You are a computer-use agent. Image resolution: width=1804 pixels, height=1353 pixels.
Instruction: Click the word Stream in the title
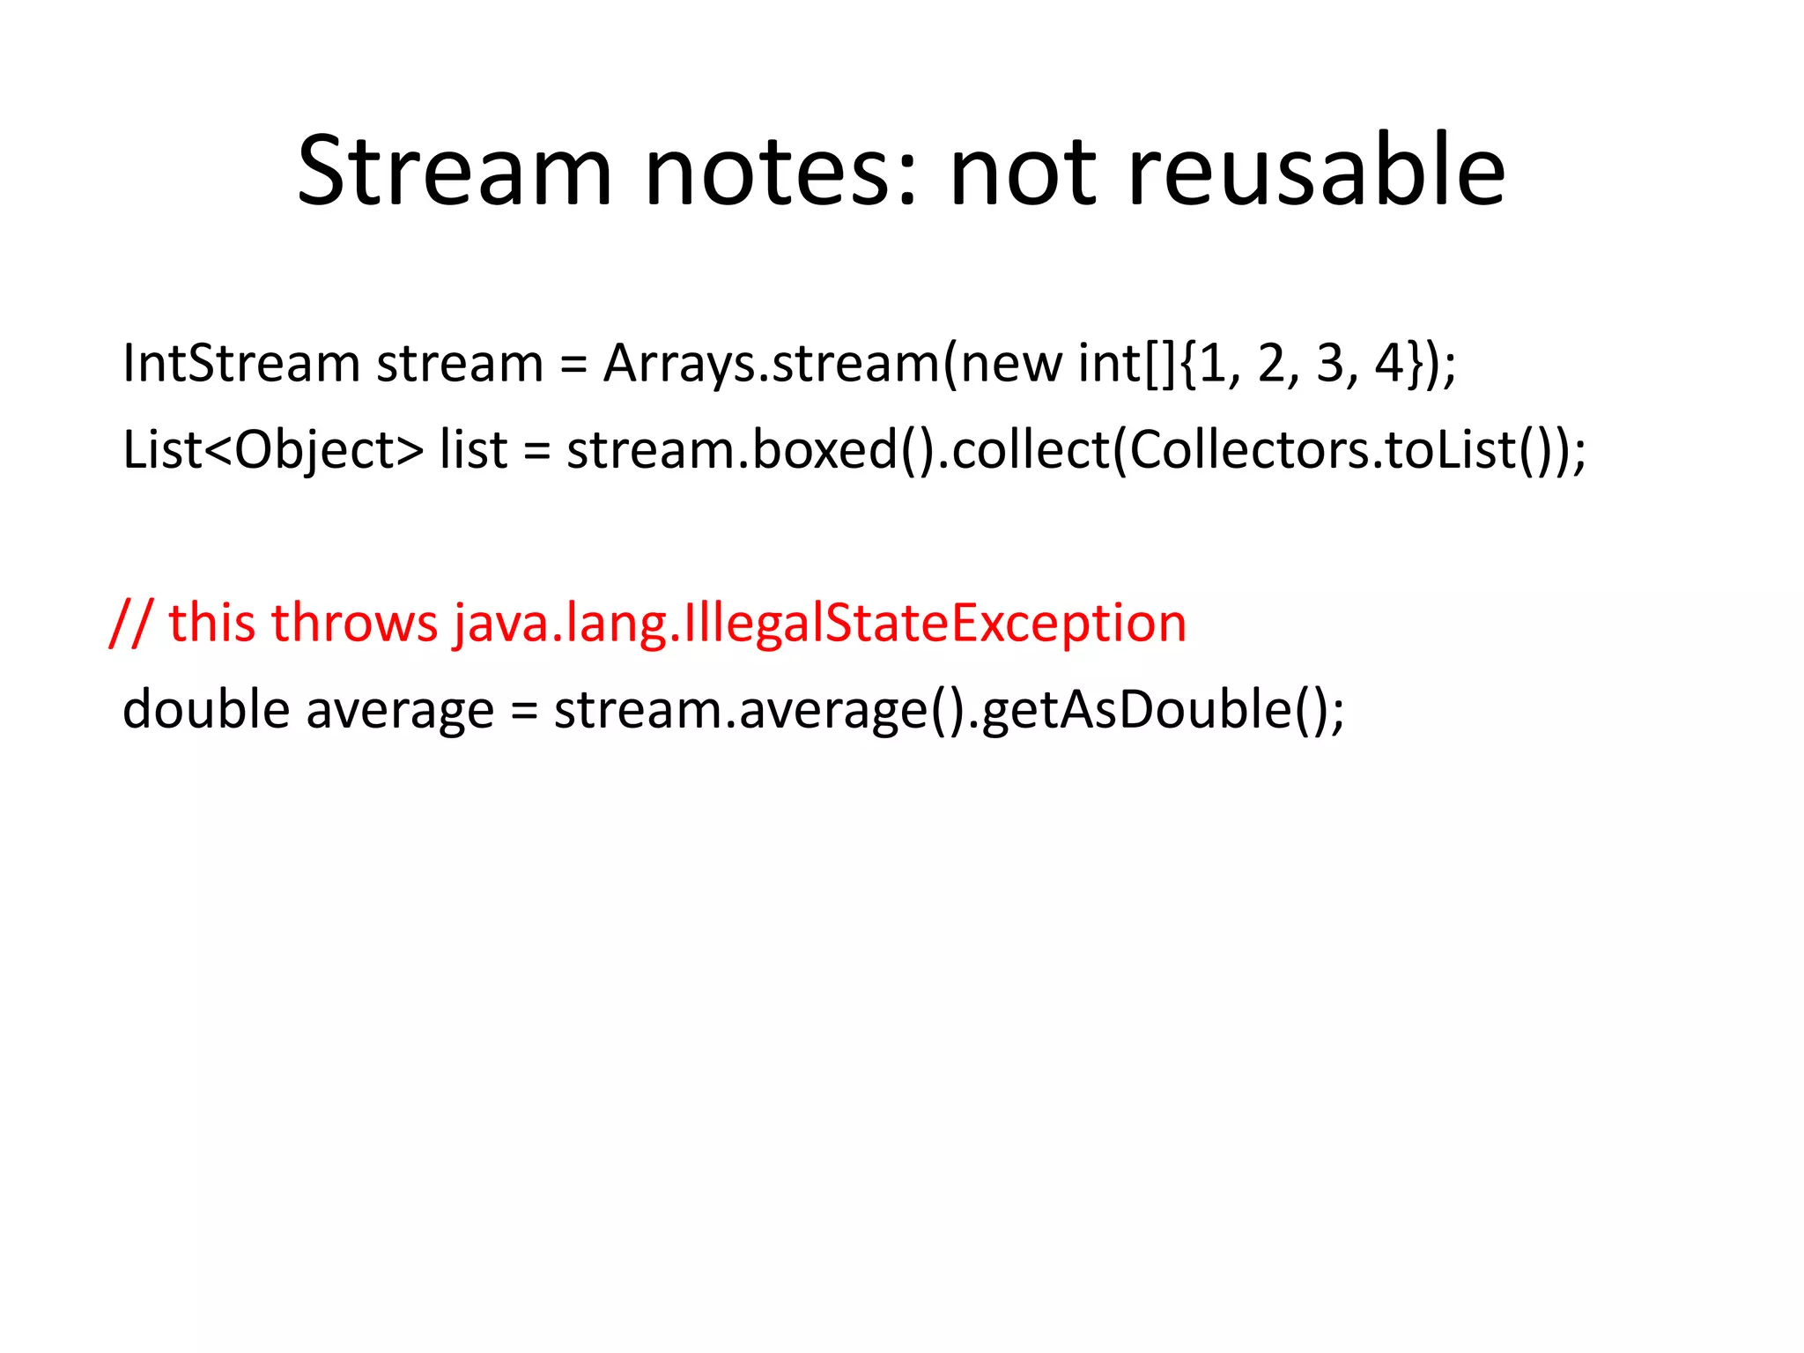point(454,172)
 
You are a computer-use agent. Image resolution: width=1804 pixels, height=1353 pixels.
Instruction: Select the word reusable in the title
point(1316,172)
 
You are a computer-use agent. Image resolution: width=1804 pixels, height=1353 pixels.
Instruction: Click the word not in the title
point(1022,172)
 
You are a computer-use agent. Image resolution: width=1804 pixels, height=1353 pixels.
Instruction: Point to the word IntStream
point(240,363)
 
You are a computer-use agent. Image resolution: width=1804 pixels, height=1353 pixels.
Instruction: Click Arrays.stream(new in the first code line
point(832,363)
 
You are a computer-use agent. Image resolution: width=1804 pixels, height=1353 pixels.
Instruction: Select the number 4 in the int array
point(1389,363)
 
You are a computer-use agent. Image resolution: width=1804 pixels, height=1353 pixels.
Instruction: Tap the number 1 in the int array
point(1214,363)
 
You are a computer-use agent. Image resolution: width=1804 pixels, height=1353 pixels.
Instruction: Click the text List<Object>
point(272,450)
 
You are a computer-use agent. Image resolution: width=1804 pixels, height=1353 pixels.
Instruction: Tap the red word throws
point(354,624)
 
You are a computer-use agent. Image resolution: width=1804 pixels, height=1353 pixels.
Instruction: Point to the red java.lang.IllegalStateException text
point(820,624)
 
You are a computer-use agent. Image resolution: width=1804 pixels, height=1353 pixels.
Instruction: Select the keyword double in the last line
point(205,709)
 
